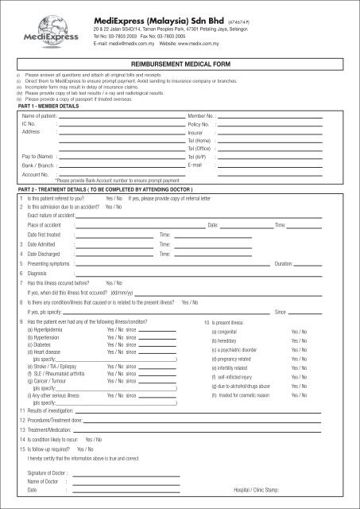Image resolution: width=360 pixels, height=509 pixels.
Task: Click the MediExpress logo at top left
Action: click(33, 30)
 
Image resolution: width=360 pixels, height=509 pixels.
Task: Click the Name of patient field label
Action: click(42, 116)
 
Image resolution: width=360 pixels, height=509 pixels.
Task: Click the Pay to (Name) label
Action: click(38, 157)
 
